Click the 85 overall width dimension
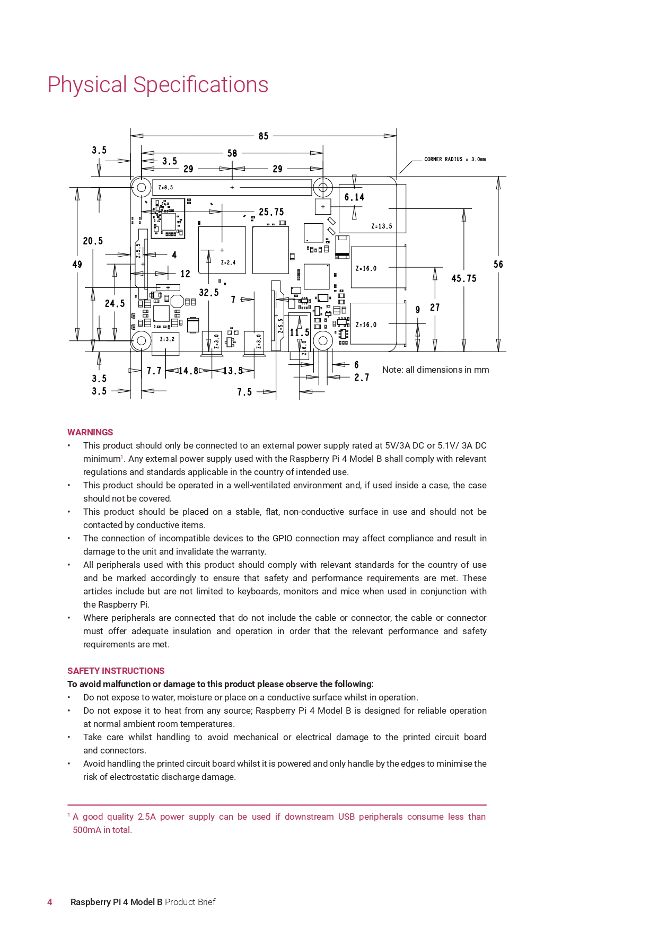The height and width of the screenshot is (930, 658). pyautogui.click(x=264, y=136)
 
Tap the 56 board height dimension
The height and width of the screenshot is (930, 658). pyautogui.click(x=498, y=264)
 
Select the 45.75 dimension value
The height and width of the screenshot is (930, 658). pyautogui.click(x=463, y=278)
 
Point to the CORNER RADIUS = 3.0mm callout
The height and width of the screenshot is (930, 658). pyautogui.click(x=455, y=159)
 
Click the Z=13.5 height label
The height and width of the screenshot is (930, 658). pyautogui.click(x=382, y=226)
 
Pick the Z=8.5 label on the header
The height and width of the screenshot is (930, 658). pyautogui.click(x=165, y=188)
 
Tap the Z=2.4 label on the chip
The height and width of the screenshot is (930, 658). pyautogui.click(x=228, y=262)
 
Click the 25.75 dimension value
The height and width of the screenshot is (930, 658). pyautogui.click(x=271, y=212)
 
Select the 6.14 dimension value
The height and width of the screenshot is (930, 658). pyautogui.click(x=354, y=197)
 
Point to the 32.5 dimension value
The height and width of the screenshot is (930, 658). pyautogui.click(x=208, y=293)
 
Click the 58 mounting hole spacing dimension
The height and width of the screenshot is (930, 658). pyautogui.click(x=232, y=153)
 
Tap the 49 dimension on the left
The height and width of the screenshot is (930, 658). pyautogui.click(x=77, y=264)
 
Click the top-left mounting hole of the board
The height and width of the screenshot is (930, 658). pyautogui.click(x=142, y=187)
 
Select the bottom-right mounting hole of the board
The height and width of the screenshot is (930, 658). pyautogui.click(x=323, y=340)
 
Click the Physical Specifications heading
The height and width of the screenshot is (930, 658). pyautogui.click(x=158, y=85)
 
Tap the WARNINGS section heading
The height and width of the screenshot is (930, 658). pyautogui.click(x=90, y=432)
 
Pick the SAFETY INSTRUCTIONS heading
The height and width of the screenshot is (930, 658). pyautogui.click(x=116, y=671)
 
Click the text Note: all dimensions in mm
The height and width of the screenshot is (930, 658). pyautogui.click(x=435, y=370)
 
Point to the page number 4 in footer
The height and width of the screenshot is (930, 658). pyautogui.click(x=50, y=902)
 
